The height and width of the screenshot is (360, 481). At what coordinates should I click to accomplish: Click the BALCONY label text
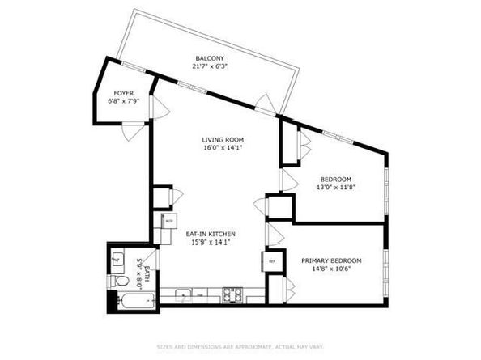tap(209, 57)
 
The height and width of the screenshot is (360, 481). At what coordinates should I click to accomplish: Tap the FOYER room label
tap(123, 93)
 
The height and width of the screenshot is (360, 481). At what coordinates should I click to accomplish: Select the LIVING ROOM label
tap(223, 139)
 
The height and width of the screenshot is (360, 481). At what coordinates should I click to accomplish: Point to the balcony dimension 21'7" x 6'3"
tap(209, 67)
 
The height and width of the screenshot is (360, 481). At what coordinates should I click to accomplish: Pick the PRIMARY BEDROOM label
tap(331, 260)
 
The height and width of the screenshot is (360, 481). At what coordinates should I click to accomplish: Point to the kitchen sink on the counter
tap(184, 296)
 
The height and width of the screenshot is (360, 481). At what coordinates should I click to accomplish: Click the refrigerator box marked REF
tap(271, 261)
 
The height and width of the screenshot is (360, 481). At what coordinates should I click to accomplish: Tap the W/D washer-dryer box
tap(168, 221)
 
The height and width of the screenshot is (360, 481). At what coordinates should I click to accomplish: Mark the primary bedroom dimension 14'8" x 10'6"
tap(331, 270)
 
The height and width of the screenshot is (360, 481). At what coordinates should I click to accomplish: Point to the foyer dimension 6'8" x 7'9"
tap(123, 102)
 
